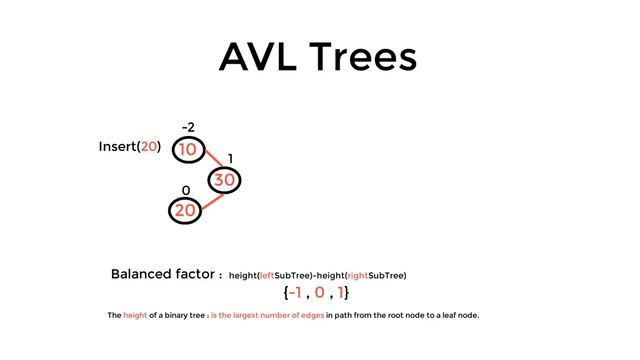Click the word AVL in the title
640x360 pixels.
click(x=262, y=57)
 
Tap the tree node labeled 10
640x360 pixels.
click(x=188, y=150)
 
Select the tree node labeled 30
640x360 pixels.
click(x=224, y=181)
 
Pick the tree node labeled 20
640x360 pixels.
click(x=185, y=210)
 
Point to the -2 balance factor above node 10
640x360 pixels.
click(x=188, y=127)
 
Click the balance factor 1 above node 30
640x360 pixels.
click(x=230, y=159)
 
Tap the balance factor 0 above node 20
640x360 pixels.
click(x=185, y=190)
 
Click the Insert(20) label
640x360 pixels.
click(x=129, y=147)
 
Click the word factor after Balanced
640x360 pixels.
click(x=190, y=274)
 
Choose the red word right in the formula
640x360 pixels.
click(x=357, y=275)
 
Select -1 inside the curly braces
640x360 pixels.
click(x=296, y=294)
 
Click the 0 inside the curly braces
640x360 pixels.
click(x=319, y=294)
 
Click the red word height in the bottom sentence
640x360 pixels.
click(x=135, y=316)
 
